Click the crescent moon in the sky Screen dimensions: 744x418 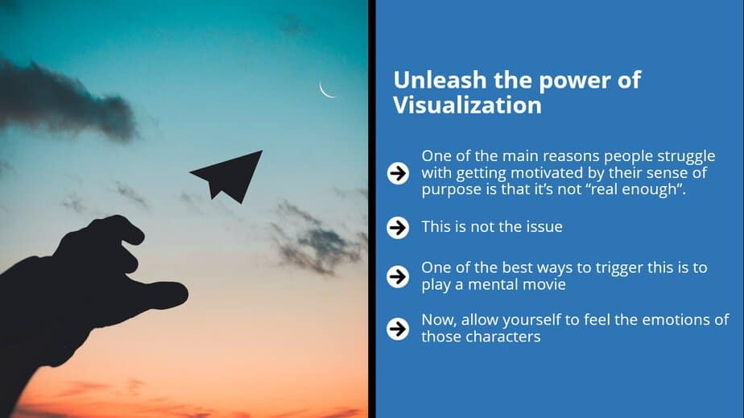pos(324,92)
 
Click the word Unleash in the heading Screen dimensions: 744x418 pos(440,80)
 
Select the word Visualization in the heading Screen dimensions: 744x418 pos(467,105)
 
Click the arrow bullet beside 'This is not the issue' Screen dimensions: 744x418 pos(398,228)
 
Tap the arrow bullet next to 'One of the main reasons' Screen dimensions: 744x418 pos(398,173)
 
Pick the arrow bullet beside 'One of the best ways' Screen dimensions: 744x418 pos(398,276)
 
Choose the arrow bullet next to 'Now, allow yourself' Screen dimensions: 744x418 pos(398,329)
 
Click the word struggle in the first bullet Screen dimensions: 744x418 pos(686,156)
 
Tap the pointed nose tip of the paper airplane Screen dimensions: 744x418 pos(262,151)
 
